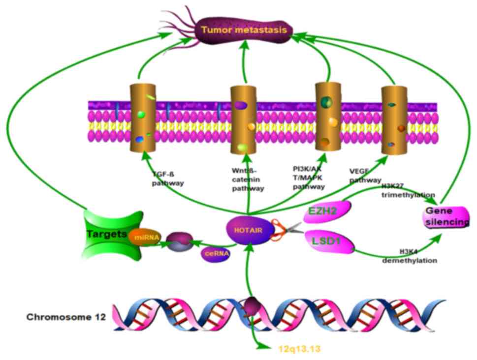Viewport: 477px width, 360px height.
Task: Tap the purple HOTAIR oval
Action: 249,230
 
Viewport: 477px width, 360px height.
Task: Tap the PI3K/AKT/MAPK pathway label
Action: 308,178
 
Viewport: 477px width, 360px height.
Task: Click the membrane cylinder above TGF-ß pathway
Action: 142,118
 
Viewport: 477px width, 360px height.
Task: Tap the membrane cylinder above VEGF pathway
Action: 395,120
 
